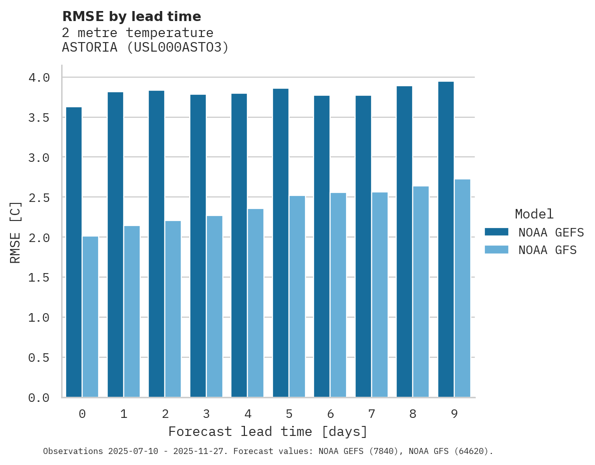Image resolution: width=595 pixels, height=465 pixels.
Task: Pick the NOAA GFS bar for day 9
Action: (x=462, y=288)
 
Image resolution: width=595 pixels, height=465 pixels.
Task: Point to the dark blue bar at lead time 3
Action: (x=198, y=246)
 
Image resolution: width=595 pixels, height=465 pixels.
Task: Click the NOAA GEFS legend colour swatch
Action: (x=496, y=232)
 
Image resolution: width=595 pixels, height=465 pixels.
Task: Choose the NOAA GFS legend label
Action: (x=547, y=250)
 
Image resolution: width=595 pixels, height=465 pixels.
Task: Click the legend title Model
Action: (x=534, y=214)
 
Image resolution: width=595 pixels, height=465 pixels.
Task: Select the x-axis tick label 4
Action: (x=247, y=414)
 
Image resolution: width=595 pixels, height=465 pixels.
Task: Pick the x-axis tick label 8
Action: (x=413, y=414)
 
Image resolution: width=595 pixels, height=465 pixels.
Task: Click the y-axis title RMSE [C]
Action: (x=16, y=232)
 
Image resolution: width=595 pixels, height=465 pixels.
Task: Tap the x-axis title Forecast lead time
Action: (x=268, y=431)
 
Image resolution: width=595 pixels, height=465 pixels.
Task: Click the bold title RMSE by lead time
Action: (x=131, y=17)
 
